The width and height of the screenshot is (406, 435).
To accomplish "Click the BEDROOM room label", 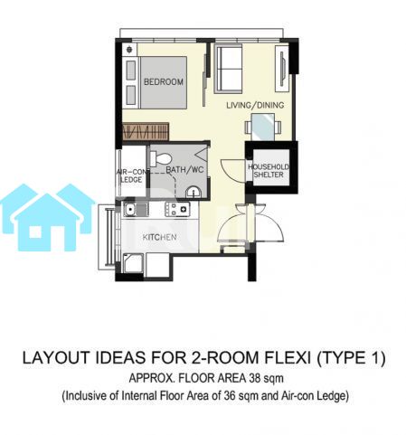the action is (x=164, y=81).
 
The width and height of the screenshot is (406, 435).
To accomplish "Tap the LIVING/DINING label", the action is (x=255, y=105).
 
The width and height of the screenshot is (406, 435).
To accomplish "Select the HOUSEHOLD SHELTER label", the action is (x=269, y=171).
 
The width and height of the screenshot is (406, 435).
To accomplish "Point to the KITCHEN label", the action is (x=159, y=237).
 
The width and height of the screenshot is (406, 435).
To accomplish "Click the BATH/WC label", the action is (x=184, y=169).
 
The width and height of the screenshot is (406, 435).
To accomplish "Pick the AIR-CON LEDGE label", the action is (x=132, y=175).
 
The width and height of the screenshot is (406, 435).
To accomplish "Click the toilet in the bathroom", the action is (x=160, y=159).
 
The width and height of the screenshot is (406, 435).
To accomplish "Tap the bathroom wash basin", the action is (x=193, y=192).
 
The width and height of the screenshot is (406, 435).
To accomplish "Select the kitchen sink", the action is (x=136, y=209).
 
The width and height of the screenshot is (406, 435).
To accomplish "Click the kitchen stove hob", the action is (x=177, y=209).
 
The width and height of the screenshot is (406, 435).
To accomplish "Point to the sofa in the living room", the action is (x=228, y=69).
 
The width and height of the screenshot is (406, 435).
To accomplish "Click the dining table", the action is (x=263, y=127).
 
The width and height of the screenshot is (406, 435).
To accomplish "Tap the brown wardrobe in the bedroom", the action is (x=146, y=131).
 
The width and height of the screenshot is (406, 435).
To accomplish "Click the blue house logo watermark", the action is (x=48, y=217).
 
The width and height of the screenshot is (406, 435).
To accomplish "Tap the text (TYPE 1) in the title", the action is (x=350, y=358).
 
